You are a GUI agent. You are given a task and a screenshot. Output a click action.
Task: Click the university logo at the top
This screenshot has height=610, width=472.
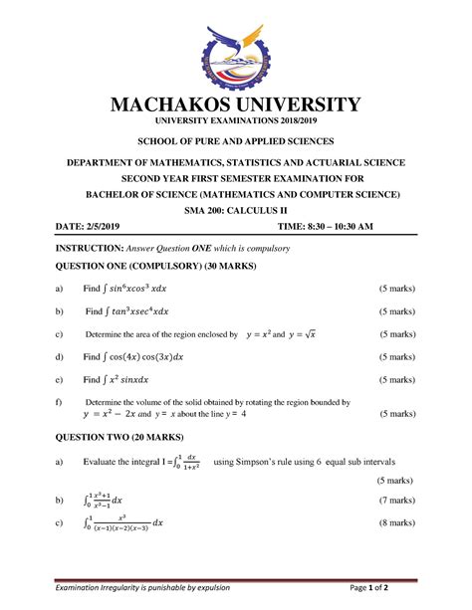pos(235,50)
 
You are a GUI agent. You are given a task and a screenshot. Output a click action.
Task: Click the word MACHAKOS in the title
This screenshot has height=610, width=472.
pos(178,104)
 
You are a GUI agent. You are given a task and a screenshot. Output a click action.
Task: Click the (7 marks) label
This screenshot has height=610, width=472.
pos(396,499)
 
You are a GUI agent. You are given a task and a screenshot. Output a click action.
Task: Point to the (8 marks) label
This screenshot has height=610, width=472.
pos(396,522)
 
